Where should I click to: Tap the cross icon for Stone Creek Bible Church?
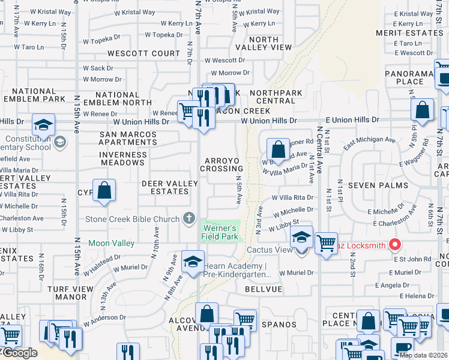click(190, 218)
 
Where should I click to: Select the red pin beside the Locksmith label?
click(394, 245)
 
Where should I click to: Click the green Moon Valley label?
click(112, 243)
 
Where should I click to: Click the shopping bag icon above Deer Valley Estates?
click(104, 191)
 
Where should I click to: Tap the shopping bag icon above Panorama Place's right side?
click(423, 110)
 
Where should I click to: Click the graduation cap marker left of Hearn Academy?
click(193, 262)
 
